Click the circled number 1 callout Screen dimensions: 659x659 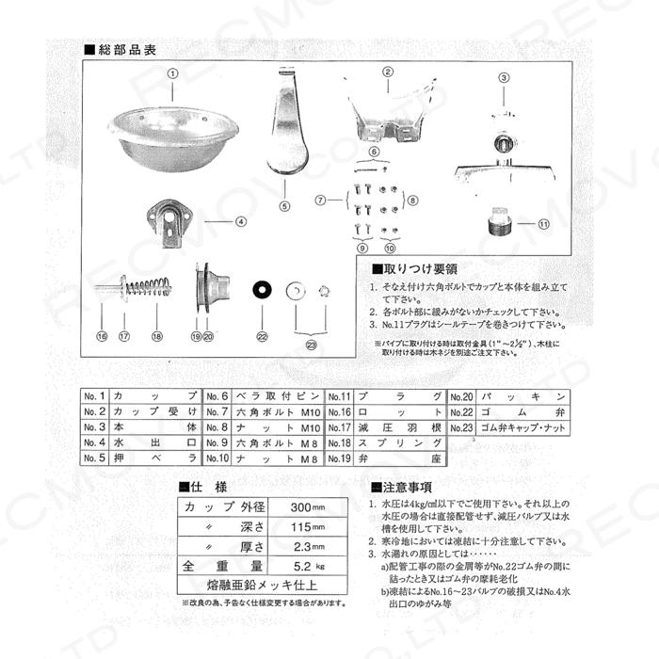[172, 72]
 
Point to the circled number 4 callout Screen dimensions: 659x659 [240, 222]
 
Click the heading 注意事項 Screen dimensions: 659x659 [408, 487]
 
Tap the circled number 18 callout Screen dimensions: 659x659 [157, 336]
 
